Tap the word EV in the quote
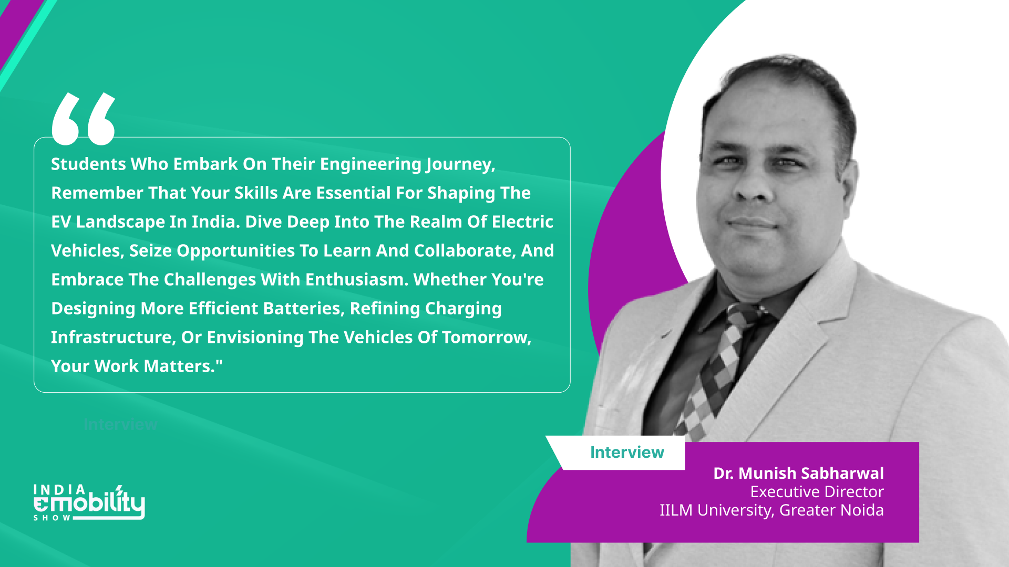coord(61,222)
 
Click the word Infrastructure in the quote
coord(113,338)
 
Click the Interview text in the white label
coord(627,453)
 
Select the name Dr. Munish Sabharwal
coord(798,474)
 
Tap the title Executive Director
coord(817,492)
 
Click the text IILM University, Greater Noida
coord(771,510)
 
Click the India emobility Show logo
coord(89,502)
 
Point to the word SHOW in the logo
coord(52,518)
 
